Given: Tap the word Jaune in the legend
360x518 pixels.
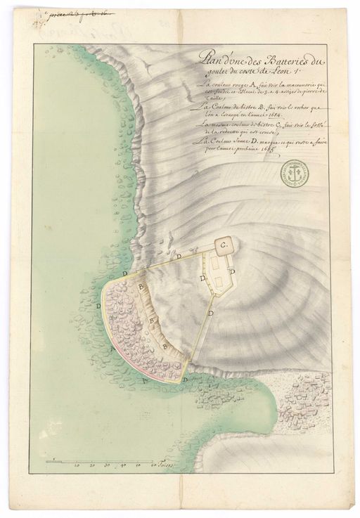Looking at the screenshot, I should (240, 141).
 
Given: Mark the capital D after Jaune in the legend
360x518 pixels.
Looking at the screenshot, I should (255, 141).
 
